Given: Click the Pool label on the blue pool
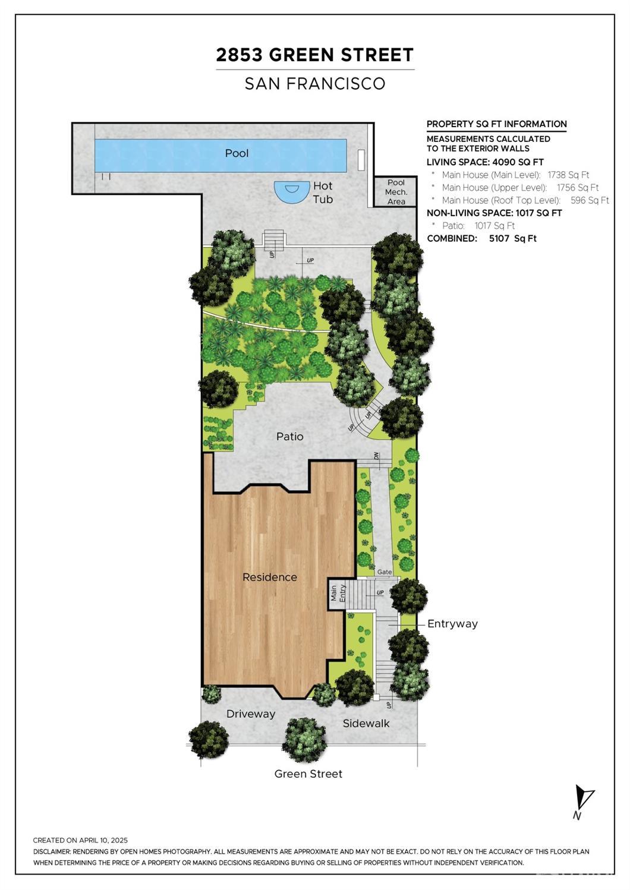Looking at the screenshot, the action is (237, 153).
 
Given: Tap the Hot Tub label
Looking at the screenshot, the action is (323, 192).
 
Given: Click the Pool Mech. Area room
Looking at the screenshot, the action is (396, 192).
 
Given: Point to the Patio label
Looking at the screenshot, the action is (290, 437).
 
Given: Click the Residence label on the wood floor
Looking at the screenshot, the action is (270, 577).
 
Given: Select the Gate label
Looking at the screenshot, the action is (385, 572).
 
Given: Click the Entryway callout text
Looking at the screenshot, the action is (452, 624).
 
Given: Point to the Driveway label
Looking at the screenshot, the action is (251, 714).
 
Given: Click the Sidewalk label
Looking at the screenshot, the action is (366, 724).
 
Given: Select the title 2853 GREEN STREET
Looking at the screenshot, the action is (315, 55).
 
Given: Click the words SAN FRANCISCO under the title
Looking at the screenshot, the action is (315, 84).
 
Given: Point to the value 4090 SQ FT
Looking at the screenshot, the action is (518, 162).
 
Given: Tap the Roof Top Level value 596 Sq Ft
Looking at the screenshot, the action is (590, 200).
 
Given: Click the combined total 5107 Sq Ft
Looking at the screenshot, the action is (513, 238).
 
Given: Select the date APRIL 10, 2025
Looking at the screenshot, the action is (103, 840).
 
